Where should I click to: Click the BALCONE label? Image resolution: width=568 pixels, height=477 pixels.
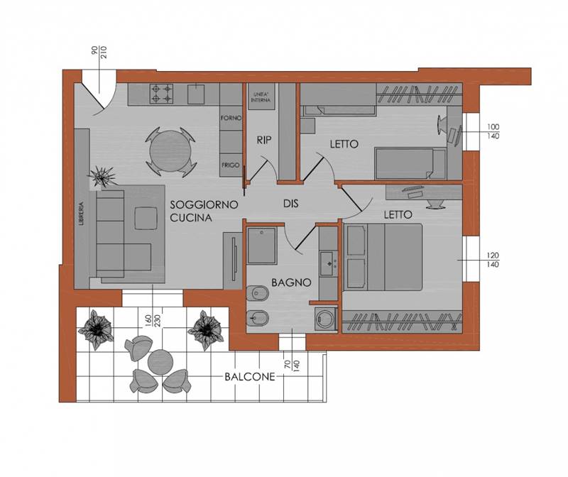coord(250,377)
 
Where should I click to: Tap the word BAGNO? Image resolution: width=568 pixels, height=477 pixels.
coord(291,282)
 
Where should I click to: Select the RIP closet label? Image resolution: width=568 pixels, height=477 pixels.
coord(264,140)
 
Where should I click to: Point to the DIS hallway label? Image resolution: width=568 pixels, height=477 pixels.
coord(291,204)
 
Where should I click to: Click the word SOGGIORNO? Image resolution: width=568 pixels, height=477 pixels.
coord(204,204)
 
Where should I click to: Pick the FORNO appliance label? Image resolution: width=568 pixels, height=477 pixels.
coord(231,118)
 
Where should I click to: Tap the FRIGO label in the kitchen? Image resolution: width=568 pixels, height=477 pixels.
coord(231,165)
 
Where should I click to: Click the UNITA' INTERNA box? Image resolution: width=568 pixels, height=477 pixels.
coord(261,97)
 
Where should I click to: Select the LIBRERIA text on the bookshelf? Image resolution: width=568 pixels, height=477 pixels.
coord(81,214)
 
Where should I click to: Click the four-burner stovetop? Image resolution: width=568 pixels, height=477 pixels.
coord(162,94)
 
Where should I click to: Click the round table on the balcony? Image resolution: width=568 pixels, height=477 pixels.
coord(160,362)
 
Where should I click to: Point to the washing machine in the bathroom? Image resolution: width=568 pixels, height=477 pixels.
coord(326,319)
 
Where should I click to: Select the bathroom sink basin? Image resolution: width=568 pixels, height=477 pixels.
coord(329,263)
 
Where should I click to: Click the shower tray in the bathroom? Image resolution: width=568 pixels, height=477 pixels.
coord(262,245)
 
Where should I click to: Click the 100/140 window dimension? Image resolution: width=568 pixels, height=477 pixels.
coord(493,131)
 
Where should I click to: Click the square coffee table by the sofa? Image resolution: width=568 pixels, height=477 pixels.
coord(146,219)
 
